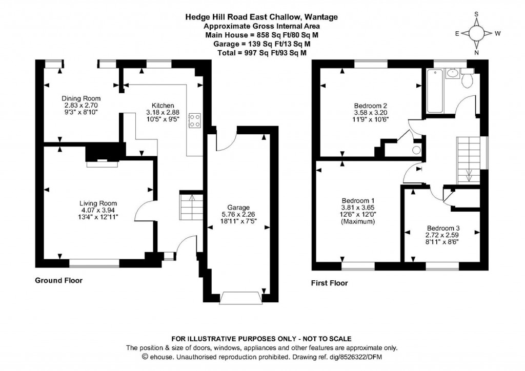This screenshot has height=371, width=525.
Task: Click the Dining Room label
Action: (x=81, y=98)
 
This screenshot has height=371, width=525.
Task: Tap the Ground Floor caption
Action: (x=58, y=280)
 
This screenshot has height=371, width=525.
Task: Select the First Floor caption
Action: (x=329, y=283)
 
